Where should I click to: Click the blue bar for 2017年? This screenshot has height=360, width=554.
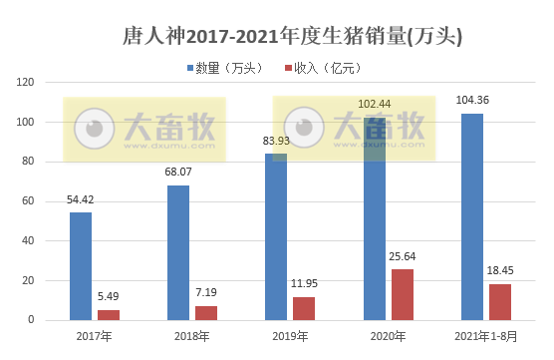(81, 266)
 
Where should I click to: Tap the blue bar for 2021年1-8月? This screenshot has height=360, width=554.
(472, 216)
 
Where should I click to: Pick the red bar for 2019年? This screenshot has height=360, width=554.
(304, 308)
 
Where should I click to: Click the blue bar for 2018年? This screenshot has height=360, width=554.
(178, 252)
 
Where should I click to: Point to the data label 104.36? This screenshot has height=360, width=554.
(472, 101)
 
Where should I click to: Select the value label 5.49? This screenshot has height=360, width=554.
(109, 296)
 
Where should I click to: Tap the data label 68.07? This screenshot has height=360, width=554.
(178, 173)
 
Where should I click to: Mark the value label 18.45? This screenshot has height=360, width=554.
(499, 270)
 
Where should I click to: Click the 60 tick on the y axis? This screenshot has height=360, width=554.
(30, 200)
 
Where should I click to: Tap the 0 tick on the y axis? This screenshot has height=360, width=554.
(33, 320)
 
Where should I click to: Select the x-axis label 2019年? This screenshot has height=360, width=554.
(291, 336)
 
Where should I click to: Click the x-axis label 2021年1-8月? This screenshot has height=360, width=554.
(486, 336)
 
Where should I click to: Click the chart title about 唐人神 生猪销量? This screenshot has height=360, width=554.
(278, 36)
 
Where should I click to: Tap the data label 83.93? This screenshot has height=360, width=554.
(276, 141)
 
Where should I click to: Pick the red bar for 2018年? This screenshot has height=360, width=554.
(206, 313)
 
